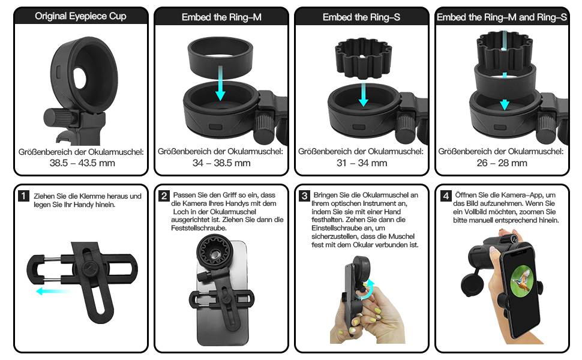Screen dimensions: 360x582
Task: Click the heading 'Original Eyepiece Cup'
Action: (x=81, y=16)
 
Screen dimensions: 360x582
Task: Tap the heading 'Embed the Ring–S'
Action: (x=361, y=17)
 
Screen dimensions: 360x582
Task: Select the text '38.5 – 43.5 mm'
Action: (x=82, y=163)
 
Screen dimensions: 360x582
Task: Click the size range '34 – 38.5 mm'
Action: (x=221, y=163)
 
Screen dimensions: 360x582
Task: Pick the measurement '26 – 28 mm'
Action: (x=501, y=163)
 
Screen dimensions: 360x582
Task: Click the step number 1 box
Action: (x=23, y=196)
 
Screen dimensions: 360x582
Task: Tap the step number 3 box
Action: (x=305, y=196)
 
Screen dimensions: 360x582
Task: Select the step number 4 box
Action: (x=445, y=196)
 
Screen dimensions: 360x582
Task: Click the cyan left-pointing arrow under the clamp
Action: (x=53, y=291)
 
